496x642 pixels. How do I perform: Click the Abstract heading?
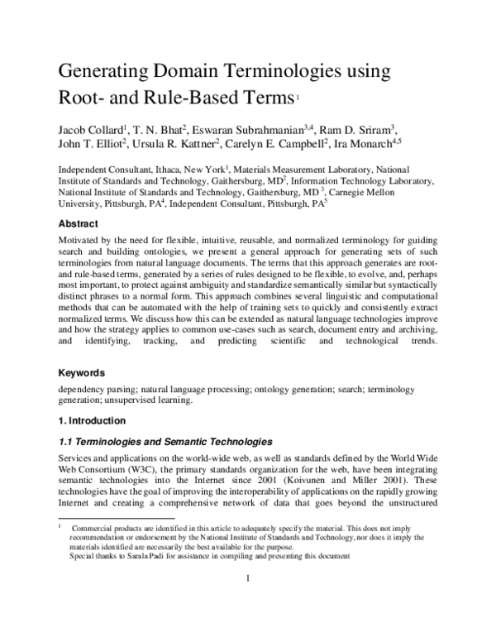(79, 224)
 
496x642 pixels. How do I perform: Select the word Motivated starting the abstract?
(82, 240)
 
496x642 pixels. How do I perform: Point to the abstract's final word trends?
(419, 340)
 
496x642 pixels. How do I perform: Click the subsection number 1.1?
(66, 441)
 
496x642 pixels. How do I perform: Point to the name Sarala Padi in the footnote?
(144, 556)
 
